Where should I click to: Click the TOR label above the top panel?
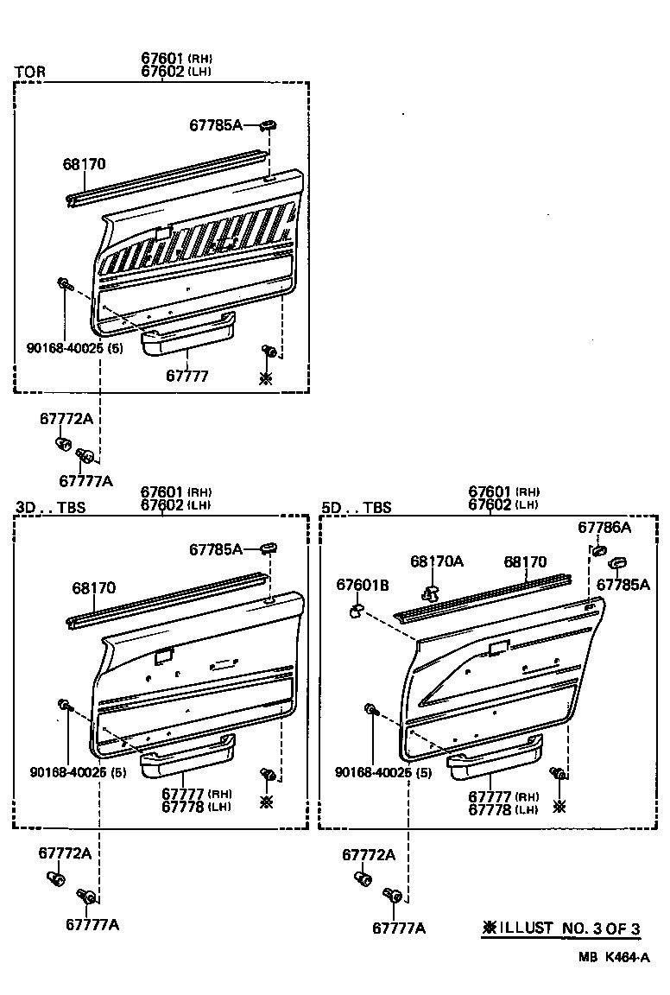pos(30,72)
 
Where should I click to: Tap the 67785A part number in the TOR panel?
pos(216,125)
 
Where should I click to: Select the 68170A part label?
pos(436,561)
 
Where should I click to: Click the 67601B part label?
pos(362,586)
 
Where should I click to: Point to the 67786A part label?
pos(604,527)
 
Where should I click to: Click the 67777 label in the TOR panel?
pos(187,376)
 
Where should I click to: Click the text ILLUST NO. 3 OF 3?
pos(560,928)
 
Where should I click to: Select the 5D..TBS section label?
pos(356,508)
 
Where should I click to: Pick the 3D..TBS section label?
pos(51,508)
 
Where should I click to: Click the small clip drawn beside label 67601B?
pos(355,612)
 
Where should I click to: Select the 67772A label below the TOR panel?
pos(66,419)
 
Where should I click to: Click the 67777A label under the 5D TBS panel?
pos(399,928)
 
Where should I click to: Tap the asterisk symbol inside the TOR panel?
pos(266,377)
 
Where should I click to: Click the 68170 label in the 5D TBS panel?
pos(525,561)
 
